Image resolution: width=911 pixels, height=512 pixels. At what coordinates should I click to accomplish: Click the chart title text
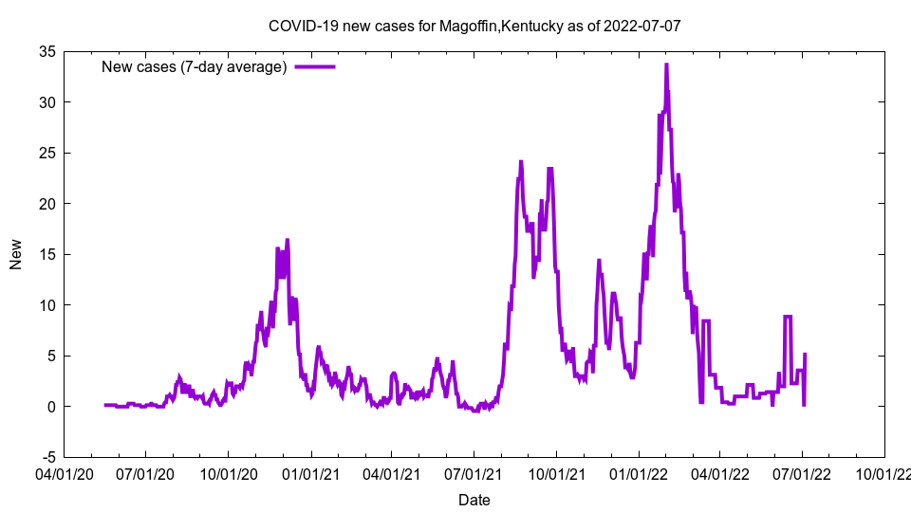point(474,26)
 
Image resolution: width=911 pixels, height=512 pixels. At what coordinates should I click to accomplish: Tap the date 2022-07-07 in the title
point(642,26)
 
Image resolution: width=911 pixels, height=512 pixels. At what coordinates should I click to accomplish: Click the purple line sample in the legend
point(315,66)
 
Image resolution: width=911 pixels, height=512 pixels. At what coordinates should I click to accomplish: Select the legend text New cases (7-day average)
point(194,66)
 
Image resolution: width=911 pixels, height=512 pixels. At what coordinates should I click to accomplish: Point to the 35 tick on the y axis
point(46,51)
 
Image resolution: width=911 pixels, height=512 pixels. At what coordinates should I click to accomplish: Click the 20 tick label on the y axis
point(46,204)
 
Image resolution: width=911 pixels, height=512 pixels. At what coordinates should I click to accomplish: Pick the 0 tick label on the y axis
point(49,407)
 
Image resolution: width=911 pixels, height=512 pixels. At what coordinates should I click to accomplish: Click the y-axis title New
point(16,254)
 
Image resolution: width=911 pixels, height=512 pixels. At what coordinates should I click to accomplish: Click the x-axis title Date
point(474,500)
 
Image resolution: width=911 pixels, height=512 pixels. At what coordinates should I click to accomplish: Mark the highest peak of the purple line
point(666,64)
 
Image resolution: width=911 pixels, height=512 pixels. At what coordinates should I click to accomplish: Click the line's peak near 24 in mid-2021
point(521,162)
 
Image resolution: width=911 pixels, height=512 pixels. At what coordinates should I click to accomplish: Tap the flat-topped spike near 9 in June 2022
point(788,317)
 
